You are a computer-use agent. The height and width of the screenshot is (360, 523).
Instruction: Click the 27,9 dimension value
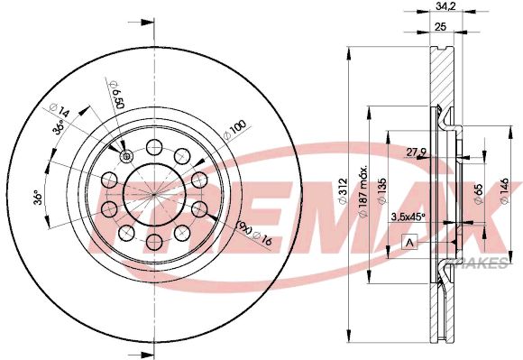click(x=417, y=151)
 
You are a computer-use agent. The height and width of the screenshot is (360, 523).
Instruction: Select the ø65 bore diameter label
click(x=476, y=192)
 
